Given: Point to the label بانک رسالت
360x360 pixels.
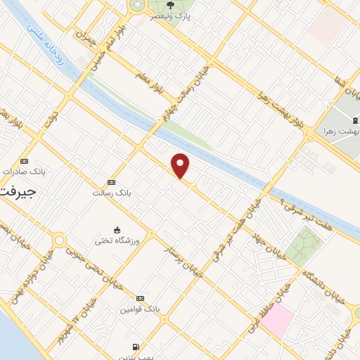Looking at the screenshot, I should [x=111, y=192].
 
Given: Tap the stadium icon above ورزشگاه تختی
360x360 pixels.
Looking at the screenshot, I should [x=117, y=229].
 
